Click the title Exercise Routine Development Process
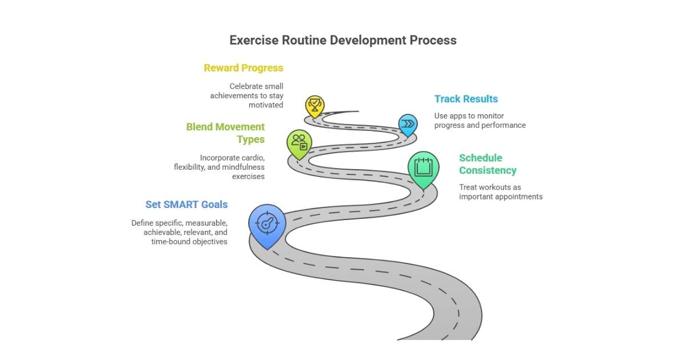[x=343, y=40]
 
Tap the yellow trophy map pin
[x=314, y=105]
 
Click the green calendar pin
[x=423, y=167]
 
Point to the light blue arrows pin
[x=408, y=123]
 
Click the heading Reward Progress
[x=244, y=68]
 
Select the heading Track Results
[x=466, y=99]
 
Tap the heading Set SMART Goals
[x=186, y=205]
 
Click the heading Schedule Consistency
[x=488, y=164]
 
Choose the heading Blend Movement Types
[x=226, y=133]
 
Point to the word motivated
[x=266, y=105]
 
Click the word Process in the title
[x=433, y=40]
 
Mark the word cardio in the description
[x=253, y=158]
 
